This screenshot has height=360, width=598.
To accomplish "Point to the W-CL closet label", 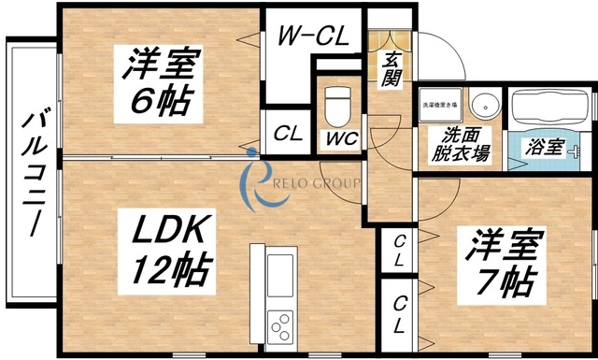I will (315, 36).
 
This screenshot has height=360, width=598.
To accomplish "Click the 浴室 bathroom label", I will (543, 147).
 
